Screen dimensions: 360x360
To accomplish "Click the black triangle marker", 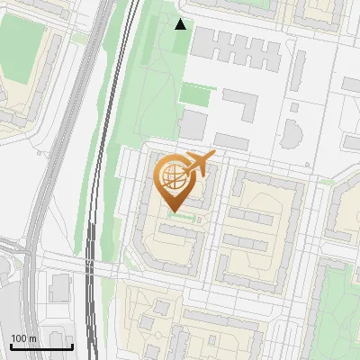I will (181, 24).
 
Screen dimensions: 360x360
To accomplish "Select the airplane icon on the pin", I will (199, 164).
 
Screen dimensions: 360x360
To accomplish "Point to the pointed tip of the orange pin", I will (172, 212).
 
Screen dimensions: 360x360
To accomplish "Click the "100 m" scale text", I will (23, 338).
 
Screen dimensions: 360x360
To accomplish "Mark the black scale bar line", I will (40, 346).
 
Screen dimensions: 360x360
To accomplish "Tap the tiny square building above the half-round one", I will (293, 107).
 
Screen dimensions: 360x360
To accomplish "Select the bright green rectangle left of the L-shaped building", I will (196, 94).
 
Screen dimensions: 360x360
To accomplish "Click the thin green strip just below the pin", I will (181, 217).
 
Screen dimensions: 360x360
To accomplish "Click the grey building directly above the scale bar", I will (60, 288).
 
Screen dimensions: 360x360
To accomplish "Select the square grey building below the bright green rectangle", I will (193, 125).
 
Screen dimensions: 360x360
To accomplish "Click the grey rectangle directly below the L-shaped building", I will (231, 141).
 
